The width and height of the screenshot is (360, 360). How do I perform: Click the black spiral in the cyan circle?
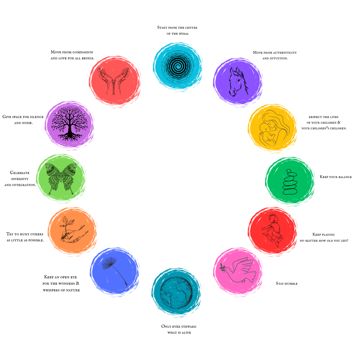(178, 65)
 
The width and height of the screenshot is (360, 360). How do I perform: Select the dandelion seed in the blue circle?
(113, 270)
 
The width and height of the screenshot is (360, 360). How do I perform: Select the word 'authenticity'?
(285, 52)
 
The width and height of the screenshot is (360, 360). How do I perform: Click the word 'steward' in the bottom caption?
(188, 326)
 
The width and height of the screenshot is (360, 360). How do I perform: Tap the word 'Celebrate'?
(20, 173)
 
